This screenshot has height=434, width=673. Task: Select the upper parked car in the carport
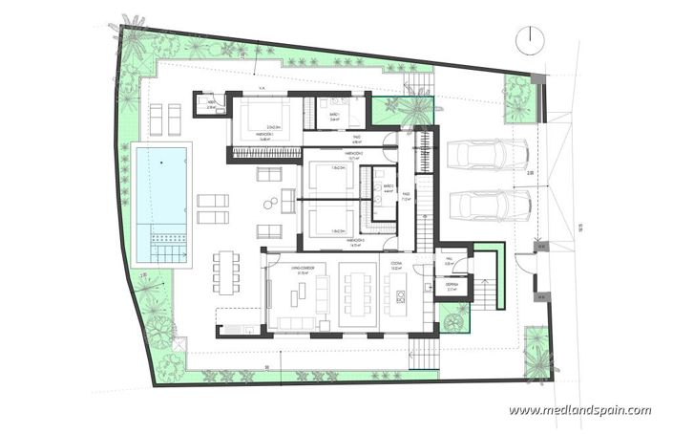pos(488,154)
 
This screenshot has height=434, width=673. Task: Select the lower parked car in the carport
pos(488,204)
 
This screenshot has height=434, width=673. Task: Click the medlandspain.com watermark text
pos(579,411)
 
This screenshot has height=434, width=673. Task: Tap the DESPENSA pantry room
pos(452,284)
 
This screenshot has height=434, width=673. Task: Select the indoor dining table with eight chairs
pos(361,296)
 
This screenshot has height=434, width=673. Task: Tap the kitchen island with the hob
pos(399,302)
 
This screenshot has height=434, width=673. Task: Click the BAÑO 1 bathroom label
pos(335,114)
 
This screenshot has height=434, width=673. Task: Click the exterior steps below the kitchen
pos(422,355)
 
